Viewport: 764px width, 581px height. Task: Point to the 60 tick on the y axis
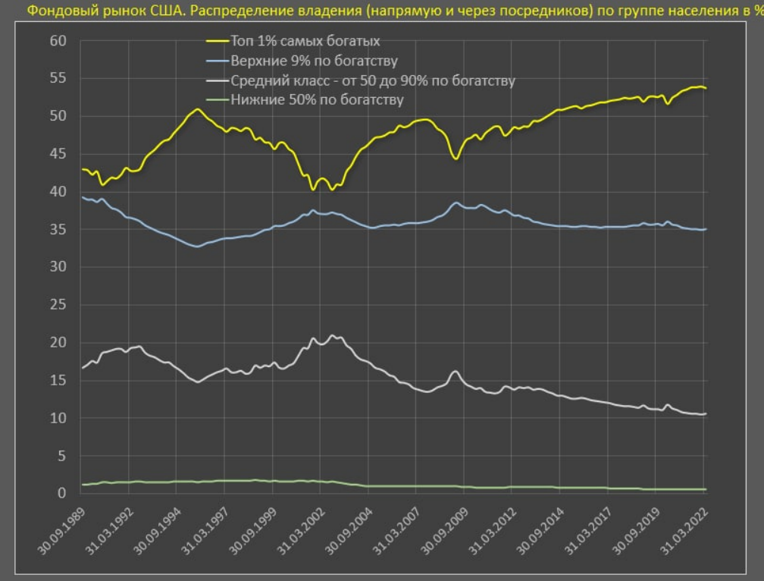(x=58, y=41)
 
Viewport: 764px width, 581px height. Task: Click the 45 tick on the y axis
(x=58, y=154)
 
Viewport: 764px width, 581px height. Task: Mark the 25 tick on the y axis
(x=58, y=305)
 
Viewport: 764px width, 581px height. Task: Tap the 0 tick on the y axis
(x=62, y=494)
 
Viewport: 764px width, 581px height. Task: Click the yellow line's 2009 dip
(x=455, y=158)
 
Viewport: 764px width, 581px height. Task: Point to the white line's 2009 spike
(x=455, y=371)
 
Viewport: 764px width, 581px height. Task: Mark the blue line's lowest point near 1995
(x=196, y=247)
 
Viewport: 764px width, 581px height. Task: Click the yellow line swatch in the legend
(x=221, y=41)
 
